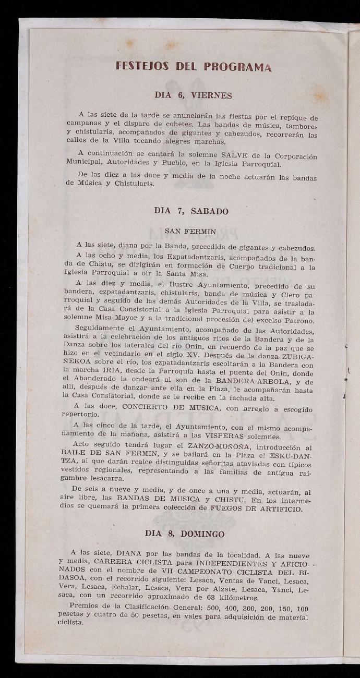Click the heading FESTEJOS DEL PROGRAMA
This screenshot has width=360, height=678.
pos(194,67)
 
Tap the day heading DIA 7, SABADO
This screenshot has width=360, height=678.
pos(191,211)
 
